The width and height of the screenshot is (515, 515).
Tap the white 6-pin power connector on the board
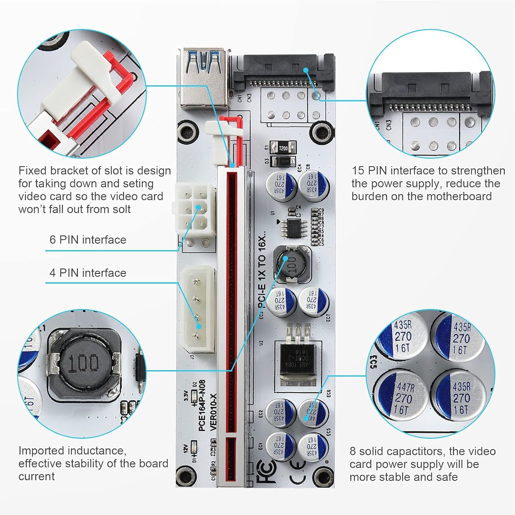pos(194,208)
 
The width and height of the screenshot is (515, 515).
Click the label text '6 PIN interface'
pos(88,240)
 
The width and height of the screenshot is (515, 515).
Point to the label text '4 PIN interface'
pos(88,273)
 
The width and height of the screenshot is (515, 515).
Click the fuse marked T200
pos(283,148)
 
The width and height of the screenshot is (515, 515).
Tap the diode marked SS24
pos(283,161)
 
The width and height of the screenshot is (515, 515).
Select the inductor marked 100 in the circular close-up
pos(84,363)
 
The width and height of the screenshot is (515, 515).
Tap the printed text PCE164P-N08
pos(202,405)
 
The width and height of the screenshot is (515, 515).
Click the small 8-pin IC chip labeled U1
pos(293,227)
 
